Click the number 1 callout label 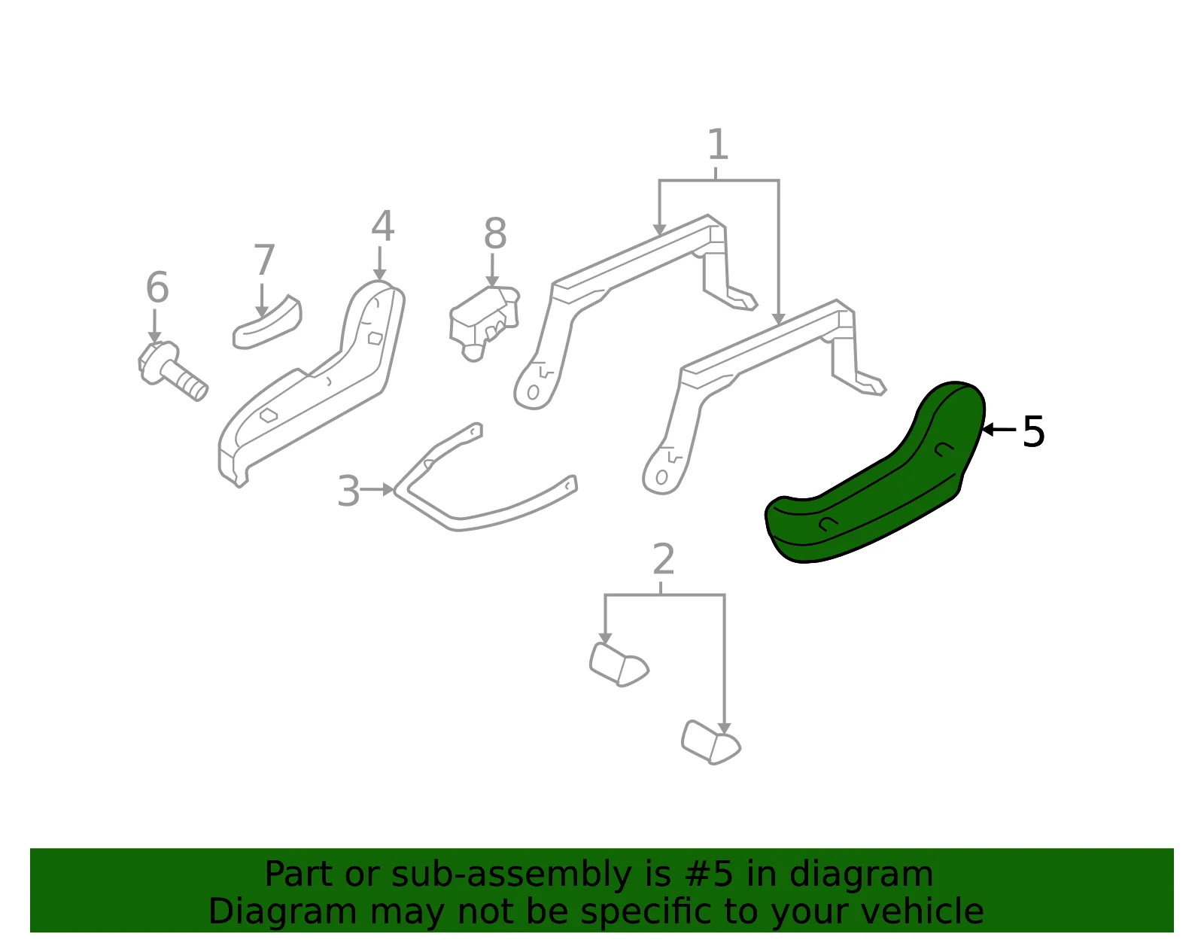coord(718,144)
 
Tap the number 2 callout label coord(663,559)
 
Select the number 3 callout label coord(348,491)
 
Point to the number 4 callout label coord(382,226)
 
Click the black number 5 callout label coord(1033,432)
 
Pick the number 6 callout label coord(157,287)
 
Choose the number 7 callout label coord(263,260)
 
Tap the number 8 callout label coord(495,233)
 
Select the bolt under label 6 coord(172,370)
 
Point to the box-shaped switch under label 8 coord(483,321)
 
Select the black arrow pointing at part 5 coord(998,429)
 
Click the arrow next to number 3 coord(377,490)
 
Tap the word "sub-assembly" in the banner coord(512,874)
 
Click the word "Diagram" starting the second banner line coord(282,911)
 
